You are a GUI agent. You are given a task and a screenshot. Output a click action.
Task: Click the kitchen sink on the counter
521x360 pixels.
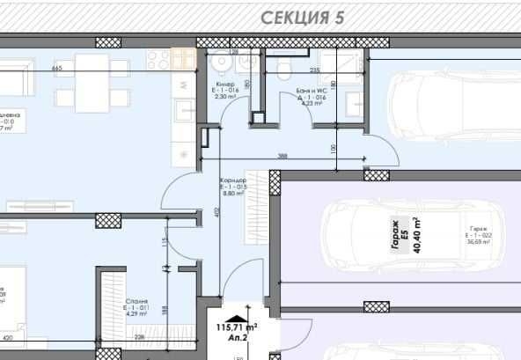[x=185, y=109]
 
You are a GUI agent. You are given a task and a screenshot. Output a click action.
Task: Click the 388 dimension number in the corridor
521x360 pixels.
[x=283, y=155]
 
